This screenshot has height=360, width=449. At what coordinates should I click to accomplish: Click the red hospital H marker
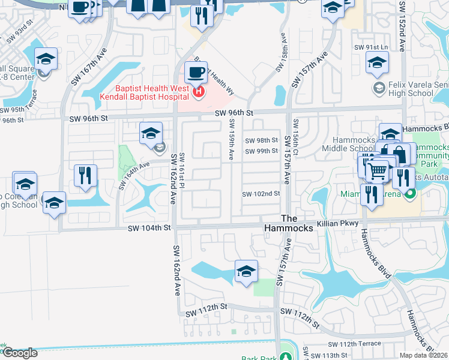tap(199, 92)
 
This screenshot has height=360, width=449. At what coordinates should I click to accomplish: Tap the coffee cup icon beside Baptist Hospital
tap(196, 73)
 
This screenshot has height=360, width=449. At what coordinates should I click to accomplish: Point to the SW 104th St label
tap(149, 228)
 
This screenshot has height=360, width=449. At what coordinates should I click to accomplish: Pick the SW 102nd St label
tap(261, 194)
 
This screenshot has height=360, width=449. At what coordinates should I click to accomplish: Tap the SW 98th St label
tap(261, 140)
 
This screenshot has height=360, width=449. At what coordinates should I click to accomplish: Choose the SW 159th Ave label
tap(231, 139)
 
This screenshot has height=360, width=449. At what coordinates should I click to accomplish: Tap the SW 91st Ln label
tap(372, 47)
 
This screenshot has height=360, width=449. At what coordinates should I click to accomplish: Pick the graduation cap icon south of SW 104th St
tap(246, 272)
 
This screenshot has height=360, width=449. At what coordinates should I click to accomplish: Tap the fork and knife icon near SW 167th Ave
tap(85, 175)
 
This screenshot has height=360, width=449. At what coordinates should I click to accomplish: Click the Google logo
tap(19, 353)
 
